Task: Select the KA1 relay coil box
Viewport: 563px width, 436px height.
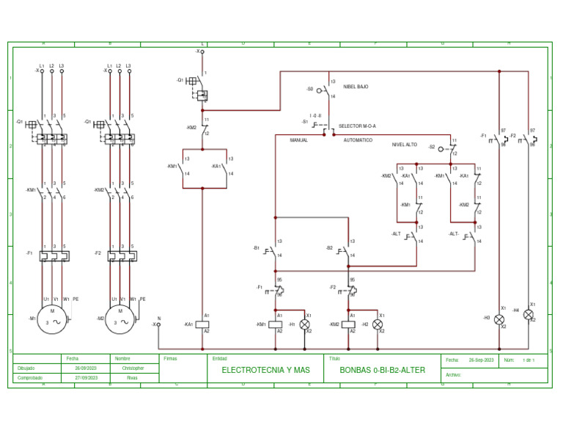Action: pyautogui.click(x=202, y=324)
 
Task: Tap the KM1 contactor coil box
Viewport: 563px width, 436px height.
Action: pyautogui.click(x=276, y=324)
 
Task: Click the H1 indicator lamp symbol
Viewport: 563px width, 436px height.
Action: pyautogui.click(x=305, y=324)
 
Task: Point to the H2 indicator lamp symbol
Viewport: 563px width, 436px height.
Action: pyautogui.click(x=378, y=324)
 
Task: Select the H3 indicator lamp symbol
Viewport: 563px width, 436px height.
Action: pyautogui.click(x=499, y=319)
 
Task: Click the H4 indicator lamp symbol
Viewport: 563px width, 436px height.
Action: pyautogui.click(x=529, y=314)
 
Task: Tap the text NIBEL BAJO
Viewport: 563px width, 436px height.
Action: pyautogui.click(x=356, y=87)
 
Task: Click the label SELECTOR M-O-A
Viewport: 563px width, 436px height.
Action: pyautogui.click(x=357, y=126)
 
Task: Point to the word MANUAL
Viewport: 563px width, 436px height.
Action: pyautogui.click(x=299, y=140)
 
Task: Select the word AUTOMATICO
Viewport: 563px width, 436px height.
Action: pyautogui.click(x=358, y=140)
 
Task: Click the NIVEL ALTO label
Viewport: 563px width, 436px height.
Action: pyautogui.click(x=404, y=145)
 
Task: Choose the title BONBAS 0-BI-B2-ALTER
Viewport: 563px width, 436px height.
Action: pyautogui.click(x=382, y=370)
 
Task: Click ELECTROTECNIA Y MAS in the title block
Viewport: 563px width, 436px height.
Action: pyautogui.click(x=265, y=370)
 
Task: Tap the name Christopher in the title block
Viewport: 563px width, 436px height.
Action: pyautogui.click(x=133, y=368)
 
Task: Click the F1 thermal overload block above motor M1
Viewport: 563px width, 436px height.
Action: pyautogui.click(x=53, y=256)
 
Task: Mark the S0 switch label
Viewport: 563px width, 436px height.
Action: pyautogui.click(x=310, y=89)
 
